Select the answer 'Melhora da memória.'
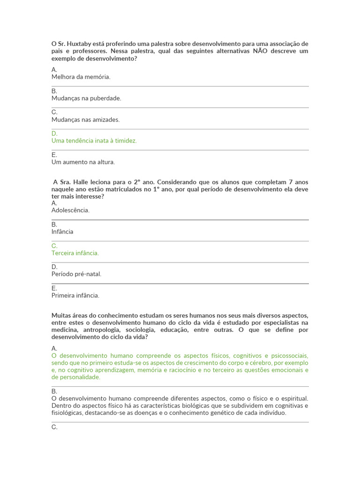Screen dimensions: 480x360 (x=81, y=77)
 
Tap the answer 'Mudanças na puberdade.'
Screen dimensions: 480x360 (x=86, y=98)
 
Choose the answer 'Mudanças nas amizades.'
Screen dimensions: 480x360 (x=85, y=120)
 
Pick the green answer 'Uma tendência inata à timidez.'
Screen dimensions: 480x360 (x=94, y=141)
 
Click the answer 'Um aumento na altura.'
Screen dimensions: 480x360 (x=83, y=162)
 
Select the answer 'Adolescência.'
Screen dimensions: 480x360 (x=70, y=210)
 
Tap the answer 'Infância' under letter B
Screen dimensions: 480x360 (x=62, y=232)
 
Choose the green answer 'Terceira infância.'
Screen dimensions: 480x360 (x=75, y=253)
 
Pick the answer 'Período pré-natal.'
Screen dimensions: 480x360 (x=76, y=274)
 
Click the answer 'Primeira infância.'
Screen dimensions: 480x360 (x=75, y=296)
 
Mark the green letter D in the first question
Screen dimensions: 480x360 (x=54, y=134)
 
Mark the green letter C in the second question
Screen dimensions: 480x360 (x=54, y=246)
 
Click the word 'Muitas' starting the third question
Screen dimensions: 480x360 (x=61, y=315)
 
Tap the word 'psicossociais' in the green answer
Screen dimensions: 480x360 (x=289, y=355)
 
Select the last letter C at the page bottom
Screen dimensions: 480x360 (x=54, y=427)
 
